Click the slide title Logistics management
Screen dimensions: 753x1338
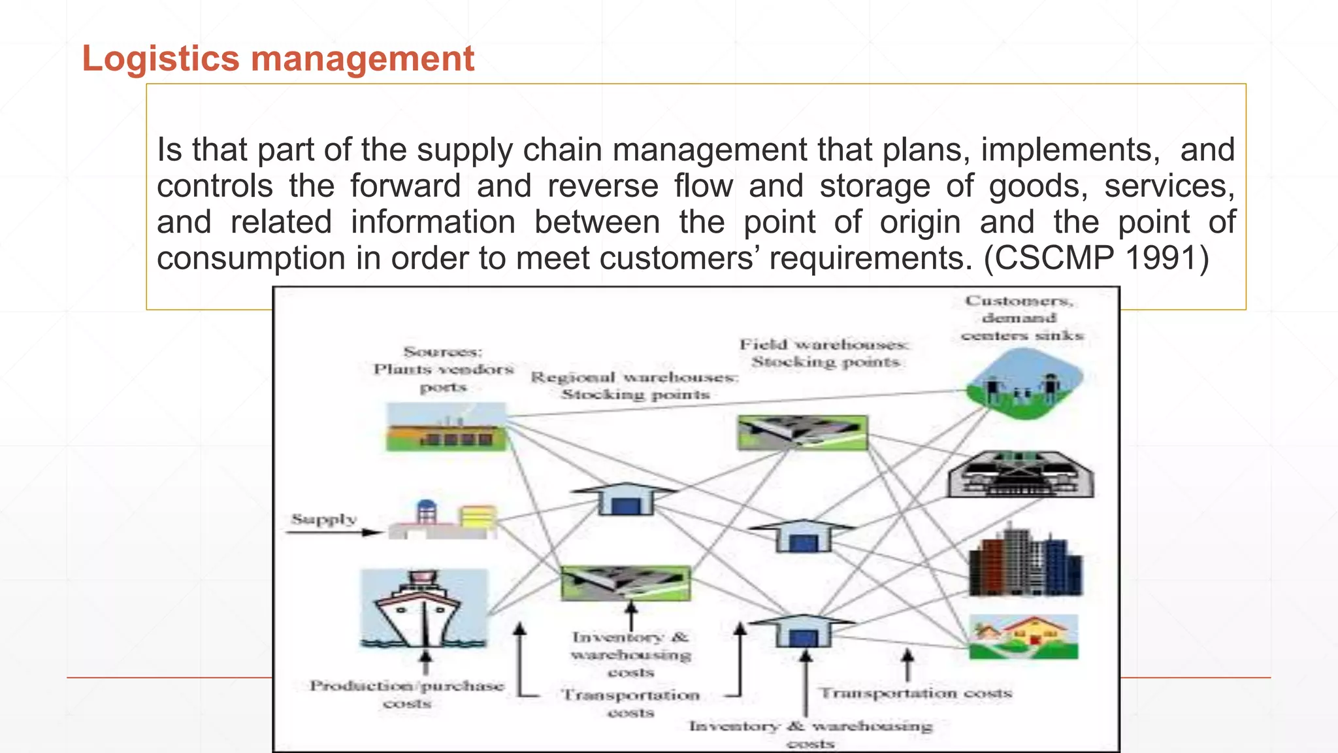tap(278, 58)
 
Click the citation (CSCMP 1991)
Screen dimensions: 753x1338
tap(1097, 258)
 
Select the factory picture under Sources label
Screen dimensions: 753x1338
tap(446, 427)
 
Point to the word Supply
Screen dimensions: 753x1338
tap(324, 519)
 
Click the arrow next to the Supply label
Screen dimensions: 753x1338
tap(333, 532)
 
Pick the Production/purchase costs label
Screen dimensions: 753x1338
tap(407, 694)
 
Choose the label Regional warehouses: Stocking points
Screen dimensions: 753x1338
tap(634, 386)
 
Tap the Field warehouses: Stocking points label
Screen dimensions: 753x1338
tap(824, 353)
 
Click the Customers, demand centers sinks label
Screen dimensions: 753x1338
tap(1020, 318)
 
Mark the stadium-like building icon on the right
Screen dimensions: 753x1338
tap(1020, 475)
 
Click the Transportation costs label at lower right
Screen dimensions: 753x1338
tap(916, 693)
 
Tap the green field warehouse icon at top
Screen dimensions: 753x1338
tap(802, 432)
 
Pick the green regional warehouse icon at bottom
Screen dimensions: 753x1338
tap(625, 583)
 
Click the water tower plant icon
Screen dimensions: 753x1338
tap(443, 520)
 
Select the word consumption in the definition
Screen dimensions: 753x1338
tap(252, 258)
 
